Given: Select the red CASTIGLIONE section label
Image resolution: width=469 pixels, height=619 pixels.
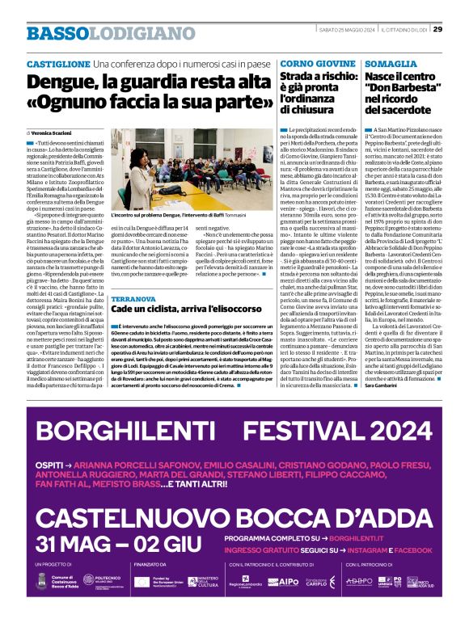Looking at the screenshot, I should (57, 63).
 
